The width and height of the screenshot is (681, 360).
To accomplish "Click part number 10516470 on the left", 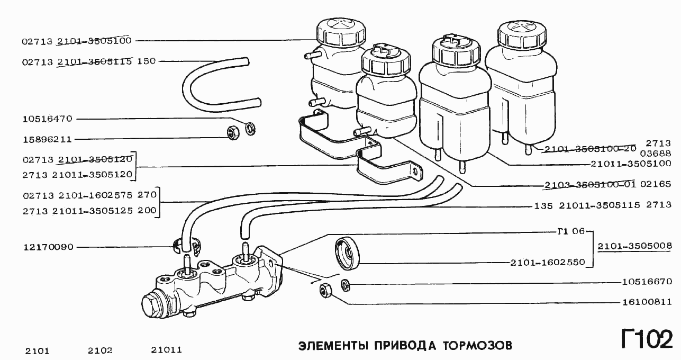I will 47,119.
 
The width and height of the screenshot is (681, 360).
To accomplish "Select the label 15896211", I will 47,140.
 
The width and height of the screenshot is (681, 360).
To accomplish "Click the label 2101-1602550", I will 548,262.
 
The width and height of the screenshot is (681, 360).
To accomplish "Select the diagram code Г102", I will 646,339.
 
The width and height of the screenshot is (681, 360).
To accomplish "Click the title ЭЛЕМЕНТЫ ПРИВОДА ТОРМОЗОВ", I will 405,346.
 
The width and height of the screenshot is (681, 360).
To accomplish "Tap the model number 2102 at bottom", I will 100,350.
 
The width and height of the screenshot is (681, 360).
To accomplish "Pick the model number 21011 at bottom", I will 166,350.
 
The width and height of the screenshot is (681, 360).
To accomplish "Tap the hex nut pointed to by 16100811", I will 326,290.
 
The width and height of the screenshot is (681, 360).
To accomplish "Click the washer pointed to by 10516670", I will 346,285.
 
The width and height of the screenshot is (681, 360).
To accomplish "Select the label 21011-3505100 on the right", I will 632,164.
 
